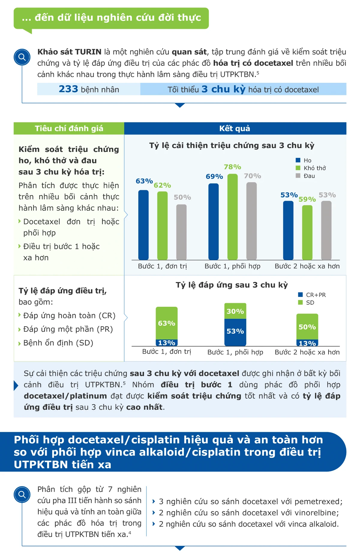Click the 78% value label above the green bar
click(x=232, y=167)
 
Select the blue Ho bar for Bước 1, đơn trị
click(x=143, y=225)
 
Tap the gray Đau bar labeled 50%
click(x=181, y=232)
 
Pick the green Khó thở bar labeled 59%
click(x=307, y=232)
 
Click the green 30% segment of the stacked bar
click(x=235, y=311)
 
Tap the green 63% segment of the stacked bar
click(x=166, y=323)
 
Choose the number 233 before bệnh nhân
click(x=68, y=89)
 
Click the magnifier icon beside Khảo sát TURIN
click(x=22, y=57)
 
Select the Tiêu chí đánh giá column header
click(x=69, y=128)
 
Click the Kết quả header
click(x=235, y=128)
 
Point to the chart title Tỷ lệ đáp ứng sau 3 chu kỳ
click(x=232, y=285)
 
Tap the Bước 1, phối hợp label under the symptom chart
click(x=232, y=266)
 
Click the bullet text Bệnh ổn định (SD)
click(x=58, y=343)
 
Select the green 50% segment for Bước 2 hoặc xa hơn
click(x=307, y=327)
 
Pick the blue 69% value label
click(x=214, y=176)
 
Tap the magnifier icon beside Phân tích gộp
click(x=22, y=494)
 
